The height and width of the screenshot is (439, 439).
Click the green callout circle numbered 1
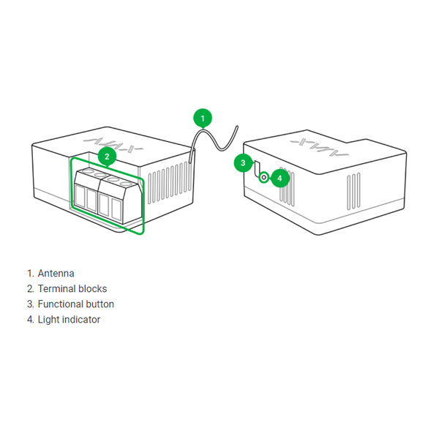coord(203,117)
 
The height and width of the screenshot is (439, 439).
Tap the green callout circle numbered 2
coord(107,155)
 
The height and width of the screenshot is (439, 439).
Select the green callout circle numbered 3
coord(243,162)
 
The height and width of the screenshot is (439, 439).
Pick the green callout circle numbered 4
coord(280,177)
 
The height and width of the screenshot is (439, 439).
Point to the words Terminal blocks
coord(72,289)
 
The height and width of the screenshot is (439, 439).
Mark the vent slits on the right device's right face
coord(353,192)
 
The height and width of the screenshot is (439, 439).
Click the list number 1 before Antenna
coord(30,274)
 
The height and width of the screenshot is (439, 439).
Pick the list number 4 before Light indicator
coord(30,320)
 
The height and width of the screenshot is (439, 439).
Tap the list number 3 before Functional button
coord(30,304)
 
